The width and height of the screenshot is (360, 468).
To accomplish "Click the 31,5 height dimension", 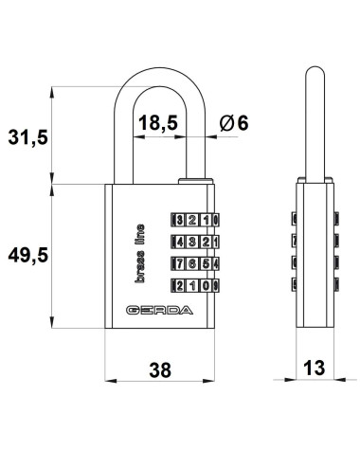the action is click(27, 137).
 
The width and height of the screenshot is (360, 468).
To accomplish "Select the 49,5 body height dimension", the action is click(27, 255).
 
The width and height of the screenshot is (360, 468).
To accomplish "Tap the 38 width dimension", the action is click(160, 369).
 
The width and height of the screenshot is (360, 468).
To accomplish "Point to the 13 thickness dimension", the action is click(314, 368).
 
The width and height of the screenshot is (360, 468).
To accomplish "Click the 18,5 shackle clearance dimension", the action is click(158, 123).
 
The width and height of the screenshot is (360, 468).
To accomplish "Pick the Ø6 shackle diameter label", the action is click(234, 123).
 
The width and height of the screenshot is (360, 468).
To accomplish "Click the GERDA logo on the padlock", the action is click(159, 310).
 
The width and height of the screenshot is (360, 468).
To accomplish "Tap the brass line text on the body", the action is click(139, 254).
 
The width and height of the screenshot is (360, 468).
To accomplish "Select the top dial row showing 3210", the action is click(195, 220).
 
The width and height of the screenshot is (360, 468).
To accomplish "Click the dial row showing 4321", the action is click(195, 242).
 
